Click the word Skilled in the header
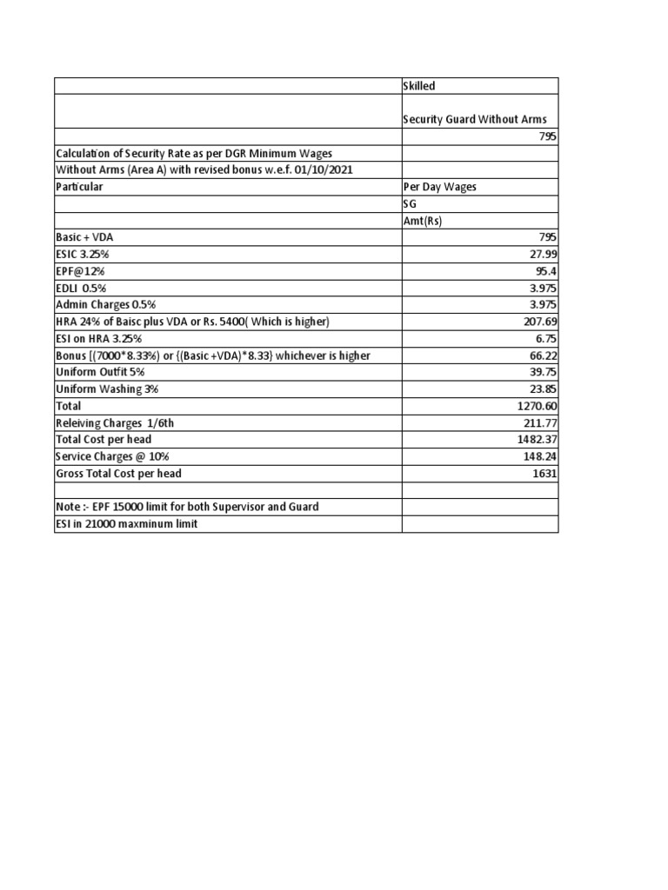click(419, 86)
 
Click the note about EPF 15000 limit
click(187, 507)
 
